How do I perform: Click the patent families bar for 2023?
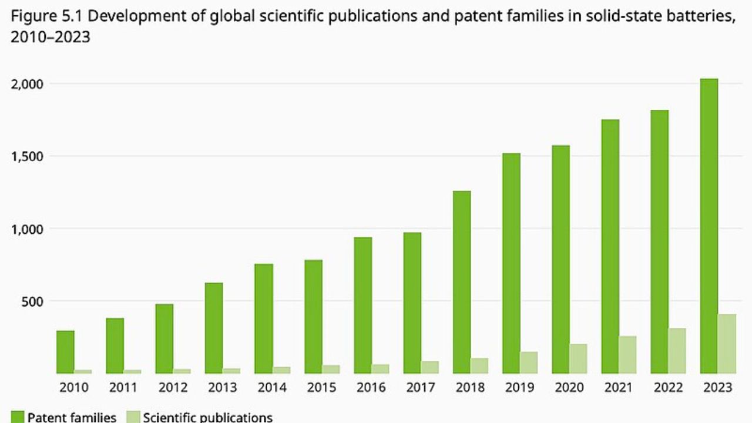click(709, 226)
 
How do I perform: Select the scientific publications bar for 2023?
click(727, 344)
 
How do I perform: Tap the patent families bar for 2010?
click(65, 352)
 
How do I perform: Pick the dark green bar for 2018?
click(462, 282)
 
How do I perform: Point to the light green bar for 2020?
click(578, 358)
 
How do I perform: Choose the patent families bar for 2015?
click(313, 317)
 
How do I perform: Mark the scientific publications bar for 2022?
click(677, 351)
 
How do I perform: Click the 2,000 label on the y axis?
click(28, 83)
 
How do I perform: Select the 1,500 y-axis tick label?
click(28, 156)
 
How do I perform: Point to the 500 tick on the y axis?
click(32, 301)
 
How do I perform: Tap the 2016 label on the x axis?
click(371, 388)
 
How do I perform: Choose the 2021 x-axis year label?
click(619, 388)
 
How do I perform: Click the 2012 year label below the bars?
click(173, 388)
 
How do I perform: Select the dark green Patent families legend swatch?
click(16, 417)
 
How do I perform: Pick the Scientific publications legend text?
click(208, 417)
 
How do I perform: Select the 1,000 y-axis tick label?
click(28, 229)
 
